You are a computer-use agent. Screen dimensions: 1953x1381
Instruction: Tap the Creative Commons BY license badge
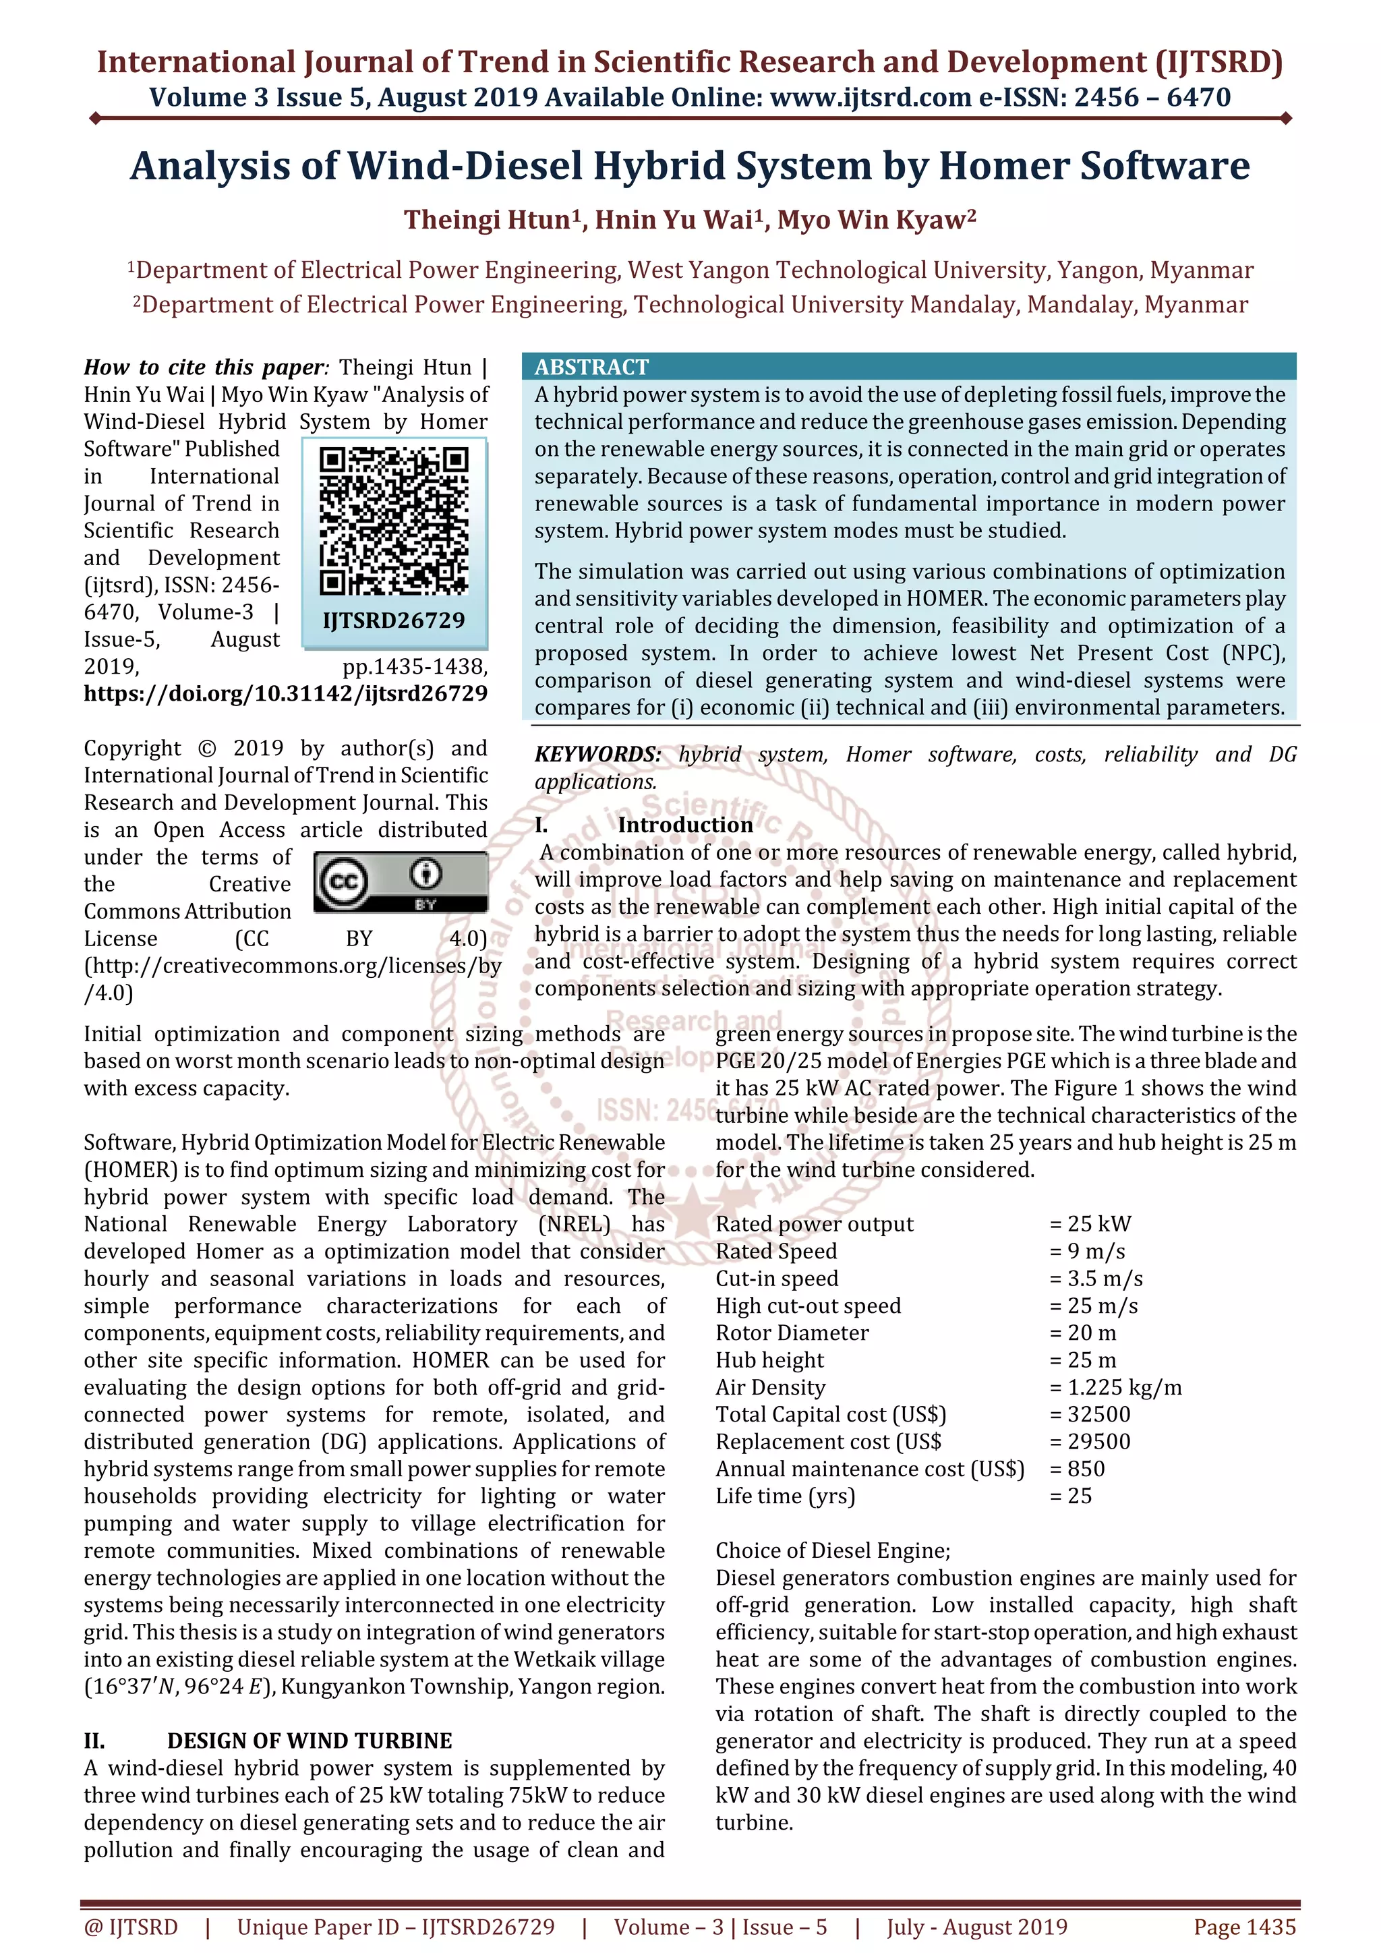tap(401, 882)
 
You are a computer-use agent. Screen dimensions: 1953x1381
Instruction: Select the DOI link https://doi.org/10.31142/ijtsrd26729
tap(286, 693)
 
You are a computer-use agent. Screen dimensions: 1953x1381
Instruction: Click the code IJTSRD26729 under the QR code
tap(394, 620)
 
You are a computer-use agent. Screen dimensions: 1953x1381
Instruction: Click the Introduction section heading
tap(684, 824)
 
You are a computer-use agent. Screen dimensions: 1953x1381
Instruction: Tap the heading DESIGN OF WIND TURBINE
tap(310, 1741)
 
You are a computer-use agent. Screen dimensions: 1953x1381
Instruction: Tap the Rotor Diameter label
tap(792, 1333)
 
